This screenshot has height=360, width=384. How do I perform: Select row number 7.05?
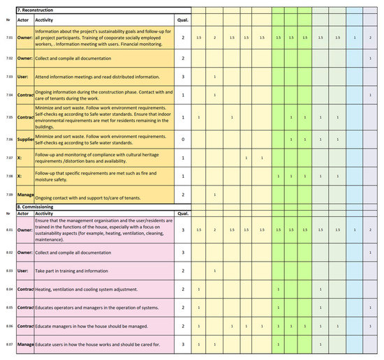coord(8,117)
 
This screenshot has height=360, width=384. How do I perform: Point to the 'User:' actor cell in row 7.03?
coord(23,76)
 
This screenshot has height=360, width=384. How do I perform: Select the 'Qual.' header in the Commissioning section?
coord(183,213)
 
